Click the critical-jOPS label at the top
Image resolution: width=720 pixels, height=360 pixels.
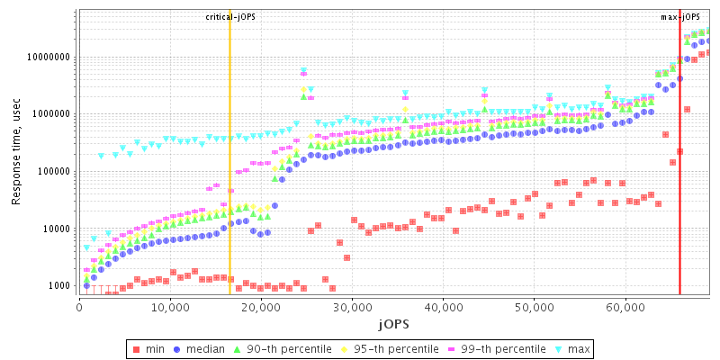coord(230,17)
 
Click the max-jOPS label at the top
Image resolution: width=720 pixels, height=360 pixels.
coord(680,17)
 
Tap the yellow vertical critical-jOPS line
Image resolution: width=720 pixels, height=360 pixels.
coord(229,180)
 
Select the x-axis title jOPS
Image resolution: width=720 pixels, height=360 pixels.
coord(394,321)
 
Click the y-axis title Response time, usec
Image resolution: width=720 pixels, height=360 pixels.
coord(16,151)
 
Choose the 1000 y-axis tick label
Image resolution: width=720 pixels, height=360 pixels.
coord(59,286)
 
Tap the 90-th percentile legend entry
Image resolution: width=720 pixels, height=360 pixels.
coord(280,347)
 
